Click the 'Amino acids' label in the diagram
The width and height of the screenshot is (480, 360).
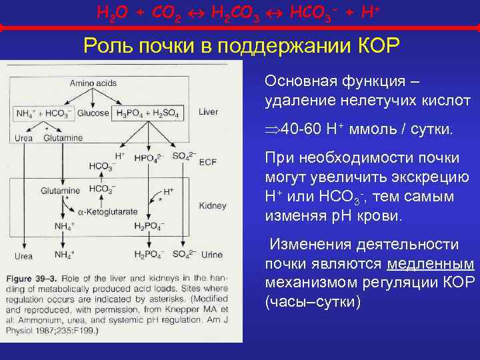click(93, 83)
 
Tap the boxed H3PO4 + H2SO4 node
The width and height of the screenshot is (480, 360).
click(148, 113)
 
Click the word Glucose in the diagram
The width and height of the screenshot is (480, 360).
click(93, 113)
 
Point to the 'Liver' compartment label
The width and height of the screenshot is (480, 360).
click(208, 112)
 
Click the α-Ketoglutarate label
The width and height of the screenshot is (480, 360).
click(107, 212)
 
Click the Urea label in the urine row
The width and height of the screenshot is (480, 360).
click(24, 255)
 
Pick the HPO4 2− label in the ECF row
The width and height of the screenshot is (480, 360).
click(147, 158)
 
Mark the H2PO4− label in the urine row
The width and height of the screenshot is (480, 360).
click(148, 255)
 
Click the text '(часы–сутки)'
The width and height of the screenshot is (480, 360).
click(313, 301)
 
